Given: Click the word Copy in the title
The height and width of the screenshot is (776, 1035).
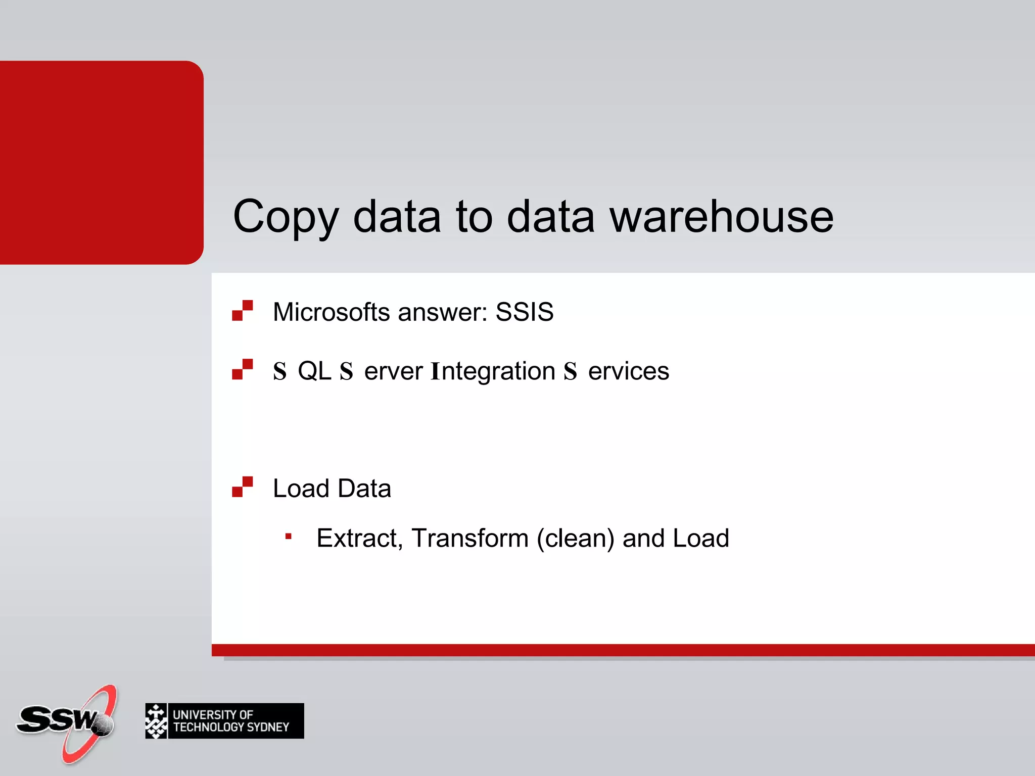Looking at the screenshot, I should pyautogui.click(x=286, y=217).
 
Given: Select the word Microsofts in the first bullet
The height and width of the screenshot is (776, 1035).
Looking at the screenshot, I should pyautogui.click(x=332, y=312).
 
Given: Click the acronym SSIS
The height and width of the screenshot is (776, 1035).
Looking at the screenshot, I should pyautogui.click(x=524, y=312).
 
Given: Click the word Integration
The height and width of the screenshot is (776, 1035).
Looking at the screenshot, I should pyautogui.click(x=493, y=371).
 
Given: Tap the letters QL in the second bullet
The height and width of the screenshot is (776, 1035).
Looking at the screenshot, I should pyautogui.click(x=314, y=371).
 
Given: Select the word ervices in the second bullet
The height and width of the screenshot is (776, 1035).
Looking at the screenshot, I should pyautogui.click(x=629, y=371).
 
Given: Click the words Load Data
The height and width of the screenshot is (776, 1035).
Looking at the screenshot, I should pyautogui.click(x=332, y=489).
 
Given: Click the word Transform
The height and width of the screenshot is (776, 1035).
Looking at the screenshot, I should pyautogui.click(x=470, y=538).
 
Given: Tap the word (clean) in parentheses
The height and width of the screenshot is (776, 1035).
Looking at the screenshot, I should pyautogui.click(x=575, y=538).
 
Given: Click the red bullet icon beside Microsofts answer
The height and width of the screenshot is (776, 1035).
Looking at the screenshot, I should pyautogui.click(x=242, y=311).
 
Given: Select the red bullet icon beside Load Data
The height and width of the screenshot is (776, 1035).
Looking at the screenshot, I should pyautogui.click(x=242, y=487).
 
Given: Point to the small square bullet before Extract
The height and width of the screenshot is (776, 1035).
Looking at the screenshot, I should pyautogui.click(x=288, y=537).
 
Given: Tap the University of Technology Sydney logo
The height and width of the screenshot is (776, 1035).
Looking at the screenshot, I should pyautogui.click(x=224, y=721).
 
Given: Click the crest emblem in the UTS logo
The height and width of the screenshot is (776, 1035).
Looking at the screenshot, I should pyautogui.click(x=156, y=721).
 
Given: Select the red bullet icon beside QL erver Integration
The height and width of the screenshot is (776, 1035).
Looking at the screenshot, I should pyautogui.click(x=242, y=369).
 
